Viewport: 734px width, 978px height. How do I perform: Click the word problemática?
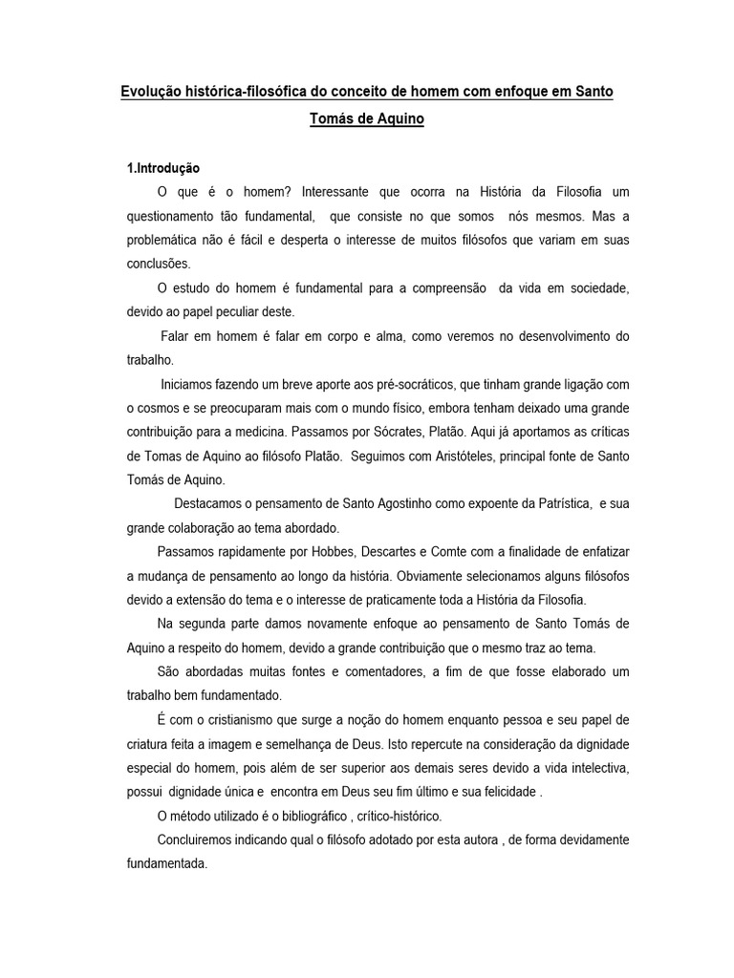163,240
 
